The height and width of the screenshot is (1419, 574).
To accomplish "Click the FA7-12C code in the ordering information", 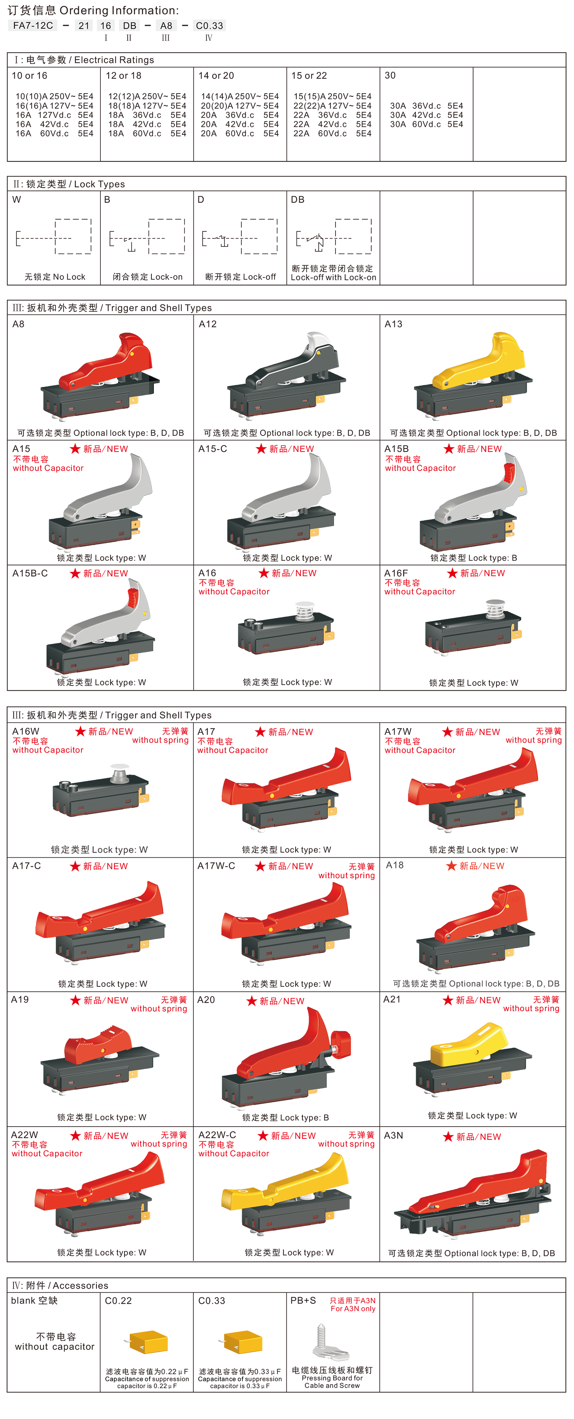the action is tap(33, 25).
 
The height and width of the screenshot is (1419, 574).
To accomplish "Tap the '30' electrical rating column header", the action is tap(390, 75).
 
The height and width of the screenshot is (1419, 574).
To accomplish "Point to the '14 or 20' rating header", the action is tap(216, 75).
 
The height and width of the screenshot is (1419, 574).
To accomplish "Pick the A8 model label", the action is tap(18, 324).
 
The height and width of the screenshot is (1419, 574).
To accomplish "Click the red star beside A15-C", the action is tap(261, 449).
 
